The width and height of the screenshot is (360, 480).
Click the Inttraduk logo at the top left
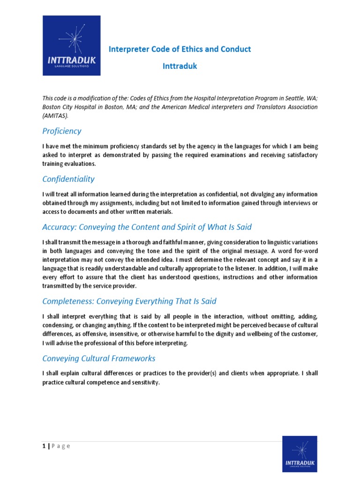tap(71, 45)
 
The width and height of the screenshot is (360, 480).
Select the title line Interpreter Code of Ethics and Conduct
tap(180, 49)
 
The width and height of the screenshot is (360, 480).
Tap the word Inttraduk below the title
tap(180, 66)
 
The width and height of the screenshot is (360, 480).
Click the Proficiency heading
tap(62, 131)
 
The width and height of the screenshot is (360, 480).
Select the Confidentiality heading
tap(68, 179)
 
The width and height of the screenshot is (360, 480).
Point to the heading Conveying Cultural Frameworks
tap(99, 359)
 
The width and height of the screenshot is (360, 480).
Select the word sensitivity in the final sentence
tap(143, 382)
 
